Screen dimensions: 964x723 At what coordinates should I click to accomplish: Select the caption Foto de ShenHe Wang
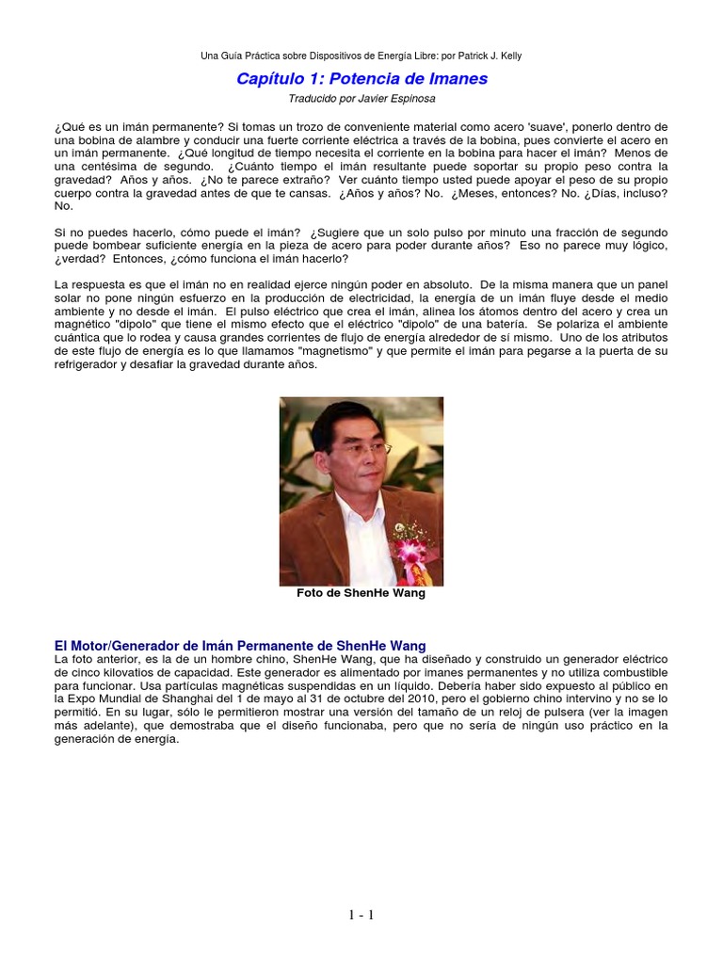tap(361, 594)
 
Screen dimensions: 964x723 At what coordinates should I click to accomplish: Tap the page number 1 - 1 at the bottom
tap(361, 914)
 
